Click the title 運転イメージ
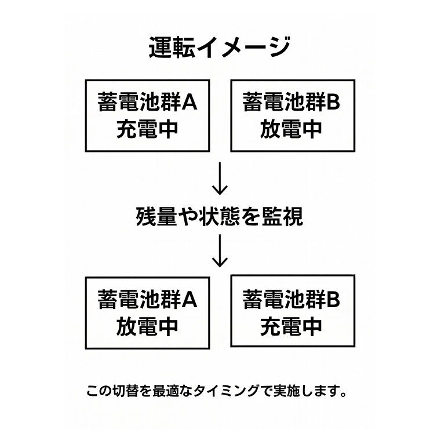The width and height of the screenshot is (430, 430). click(220, 47)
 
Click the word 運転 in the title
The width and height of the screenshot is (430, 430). click(172, 47)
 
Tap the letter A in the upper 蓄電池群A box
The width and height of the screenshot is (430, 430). click(190, 102)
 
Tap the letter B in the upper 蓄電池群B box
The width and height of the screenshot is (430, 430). click(333, 102)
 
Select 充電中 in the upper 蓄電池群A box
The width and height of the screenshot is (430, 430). click(148, 129)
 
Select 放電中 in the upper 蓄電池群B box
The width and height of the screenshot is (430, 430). click(291, 129)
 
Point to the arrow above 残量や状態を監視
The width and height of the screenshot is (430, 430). click(220, 178)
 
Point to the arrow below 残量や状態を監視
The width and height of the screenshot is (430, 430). click(220, 250)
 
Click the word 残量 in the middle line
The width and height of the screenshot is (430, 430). click(156, 217)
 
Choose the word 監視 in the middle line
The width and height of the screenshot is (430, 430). click(282, 217)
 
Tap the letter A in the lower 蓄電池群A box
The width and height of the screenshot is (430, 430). click(190, 300)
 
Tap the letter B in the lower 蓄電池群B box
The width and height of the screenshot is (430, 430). click(333, 300)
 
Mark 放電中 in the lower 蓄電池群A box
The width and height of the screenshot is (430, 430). click(148, 327)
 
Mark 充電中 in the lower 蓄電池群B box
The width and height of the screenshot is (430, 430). click(291, 327)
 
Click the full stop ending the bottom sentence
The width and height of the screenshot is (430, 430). click(343, 394)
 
